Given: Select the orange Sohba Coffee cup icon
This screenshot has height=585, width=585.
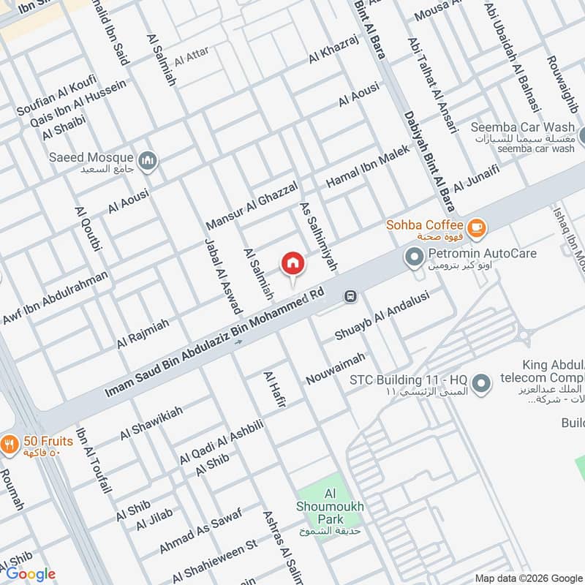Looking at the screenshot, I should (477, 227).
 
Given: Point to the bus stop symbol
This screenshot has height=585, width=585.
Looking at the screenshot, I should (350, 296).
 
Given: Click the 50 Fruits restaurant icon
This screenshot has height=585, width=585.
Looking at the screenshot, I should (10, 443).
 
